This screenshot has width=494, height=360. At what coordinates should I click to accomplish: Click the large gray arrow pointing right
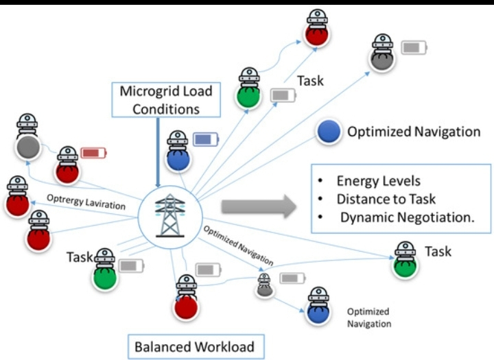(258, 204)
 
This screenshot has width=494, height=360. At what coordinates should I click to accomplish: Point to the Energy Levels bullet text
(369, 182)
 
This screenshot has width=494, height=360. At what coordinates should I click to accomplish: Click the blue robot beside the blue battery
(177, 152)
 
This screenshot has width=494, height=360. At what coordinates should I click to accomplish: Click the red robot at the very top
(316, 28)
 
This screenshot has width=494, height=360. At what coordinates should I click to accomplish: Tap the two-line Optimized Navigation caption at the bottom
(369, 317)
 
